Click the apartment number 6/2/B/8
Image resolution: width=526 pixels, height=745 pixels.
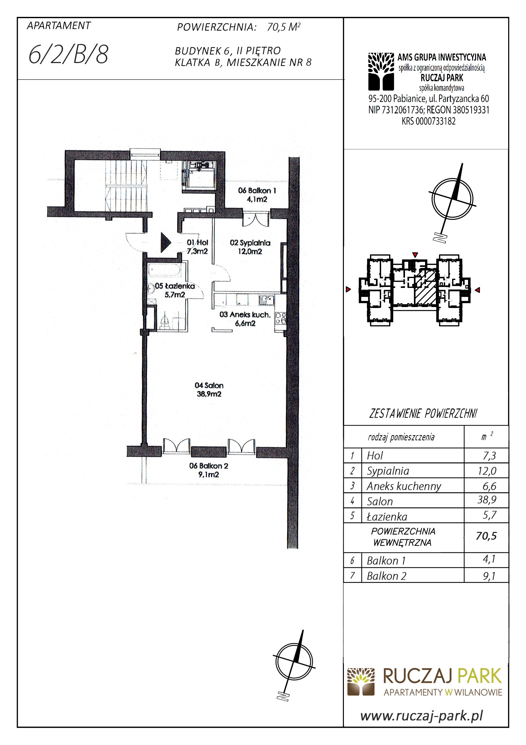(x=68, y=54)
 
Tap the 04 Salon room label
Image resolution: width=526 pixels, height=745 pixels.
(x=209, y=389)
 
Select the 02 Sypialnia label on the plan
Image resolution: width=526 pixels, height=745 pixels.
(x=250, y=247)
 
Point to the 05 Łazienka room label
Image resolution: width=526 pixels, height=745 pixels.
(x=175, y=290)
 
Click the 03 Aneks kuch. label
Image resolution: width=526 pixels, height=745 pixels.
(x=245, y=319)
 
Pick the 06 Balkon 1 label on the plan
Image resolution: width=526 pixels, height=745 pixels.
(x=257, y=195)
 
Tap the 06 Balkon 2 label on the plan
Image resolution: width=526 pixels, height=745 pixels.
(x=209, y=470)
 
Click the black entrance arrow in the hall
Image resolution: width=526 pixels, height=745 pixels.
(x=166, y=242)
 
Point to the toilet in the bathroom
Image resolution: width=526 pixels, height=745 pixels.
(x=165, y=321)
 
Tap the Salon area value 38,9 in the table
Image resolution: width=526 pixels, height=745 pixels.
(x=487, y=499)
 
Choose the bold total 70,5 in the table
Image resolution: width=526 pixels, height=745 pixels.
(x=486, y=536)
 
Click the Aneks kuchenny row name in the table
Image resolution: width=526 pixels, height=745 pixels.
(x=404, y=486)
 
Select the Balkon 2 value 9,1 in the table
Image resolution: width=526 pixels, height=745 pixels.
(x=489, y=576)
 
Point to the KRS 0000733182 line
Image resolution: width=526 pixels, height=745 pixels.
(x=428, y=121)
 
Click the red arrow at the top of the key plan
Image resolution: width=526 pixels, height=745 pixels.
(x=415, y=255)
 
